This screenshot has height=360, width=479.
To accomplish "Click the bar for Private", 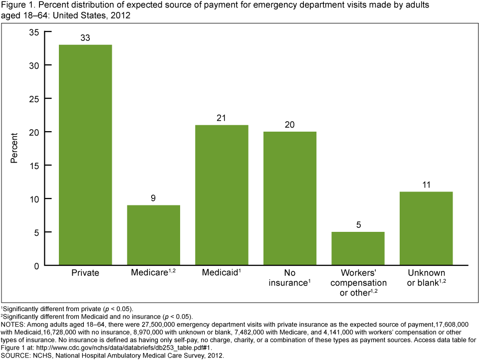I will coord(85,155).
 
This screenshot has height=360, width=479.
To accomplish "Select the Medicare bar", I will coord(154,235).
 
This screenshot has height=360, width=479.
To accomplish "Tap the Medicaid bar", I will coord(222,195).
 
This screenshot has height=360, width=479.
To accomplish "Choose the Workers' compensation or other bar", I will coord(358,248).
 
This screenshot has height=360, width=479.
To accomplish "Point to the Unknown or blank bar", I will coord(426,228).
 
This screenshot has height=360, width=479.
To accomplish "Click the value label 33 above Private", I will coord(85,38).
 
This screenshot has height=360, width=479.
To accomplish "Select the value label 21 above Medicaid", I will coord(222,118).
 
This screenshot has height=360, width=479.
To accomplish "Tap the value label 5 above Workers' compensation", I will coord(358,225).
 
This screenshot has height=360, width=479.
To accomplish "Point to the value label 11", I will coord(426,185).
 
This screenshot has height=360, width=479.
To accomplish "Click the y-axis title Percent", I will coord(14,149).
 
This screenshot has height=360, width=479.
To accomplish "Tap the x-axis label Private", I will coord(85,273).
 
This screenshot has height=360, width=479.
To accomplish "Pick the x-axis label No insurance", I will coord(290,278).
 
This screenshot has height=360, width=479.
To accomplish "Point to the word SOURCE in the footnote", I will coord(16,356).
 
